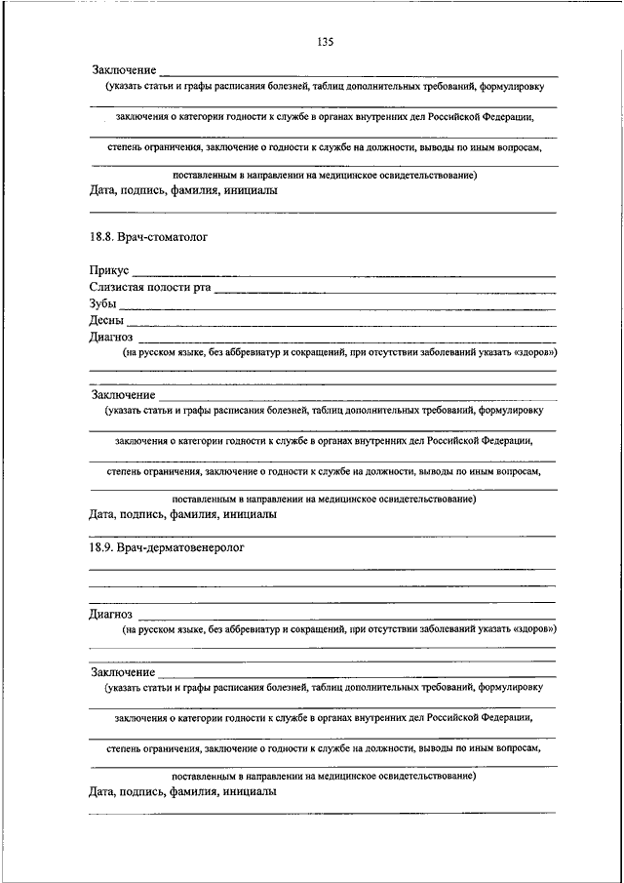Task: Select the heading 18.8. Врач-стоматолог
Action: point(148,236)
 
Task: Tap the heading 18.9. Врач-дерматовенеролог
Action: point(166,548)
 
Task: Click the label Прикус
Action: point(109,270)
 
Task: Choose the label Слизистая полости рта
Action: point(149,287)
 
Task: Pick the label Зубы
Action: point(102,303)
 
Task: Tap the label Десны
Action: point(106,320)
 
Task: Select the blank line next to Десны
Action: point(341,325)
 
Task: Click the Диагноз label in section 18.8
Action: point(111,337)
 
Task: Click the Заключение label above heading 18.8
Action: point(124,70)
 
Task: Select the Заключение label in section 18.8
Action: point(124,395)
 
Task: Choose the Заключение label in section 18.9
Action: point(124,672)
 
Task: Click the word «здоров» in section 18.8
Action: point(533,352)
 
